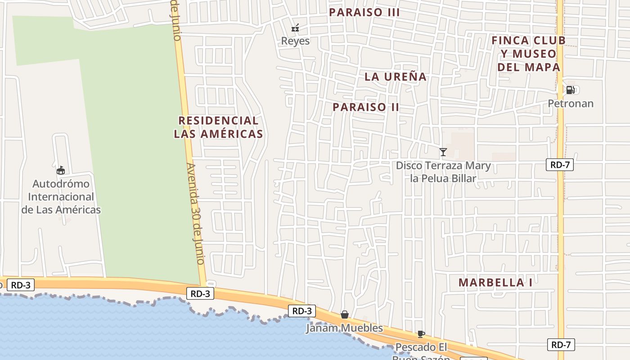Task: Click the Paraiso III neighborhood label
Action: pyautogui.click(x=364, y=12)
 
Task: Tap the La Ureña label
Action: pyautogui.click(x=395, y=76)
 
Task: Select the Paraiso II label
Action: pyautogui.click(x=366, y=107)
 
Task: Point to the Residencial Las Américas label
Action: pyautogui.click(x=218, y=127)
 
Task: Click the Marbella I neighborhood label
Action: pyautogui.click(x=495, y=283)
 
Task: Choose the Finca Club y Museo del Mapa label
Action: pyautogui.click(x=529, y=54)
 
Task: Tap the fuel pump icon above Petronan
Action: pyautogui.click(x=570, y=90)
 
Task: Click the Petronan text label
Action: pyautogui.click(x=570, y=103)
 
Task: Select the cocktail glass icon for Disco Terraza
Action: pyautogui.click(x=443, y=152)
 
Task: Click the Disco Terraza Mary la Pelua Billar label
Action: pyautogui.click(x=443, y=172)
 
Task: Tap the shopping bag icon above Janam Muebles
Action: pyautogui.click(x=344, y=315)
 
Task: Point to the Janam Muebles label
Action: pyautogui.click(x=344, y=328)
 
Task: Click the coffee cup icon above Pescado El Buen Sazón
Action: pyautogui.click(x=421, y=334)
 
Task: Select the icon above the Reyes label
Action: pyautogui.click(x=295, y=28)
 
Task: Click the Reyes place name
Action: pyautogui.click(x=295, y=41)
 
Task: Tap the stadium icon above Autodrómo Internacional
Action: pyautogui.click(x=61, y=170)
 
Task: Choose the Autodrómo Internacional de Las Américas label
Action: pyautogui.click(x=61, y=197)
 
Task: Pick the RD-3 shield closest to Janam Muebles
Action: pyautogui.click(x=301, y=311)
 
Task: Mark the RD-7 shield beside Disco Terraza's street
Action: pyautogui.click(x=560, y=165)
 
